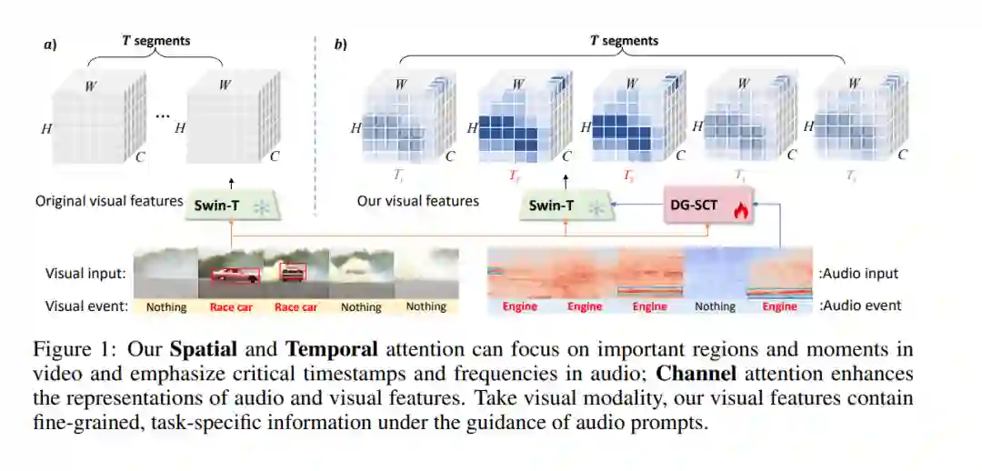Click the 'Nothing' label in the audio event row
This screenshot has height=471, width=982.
click(715, 306)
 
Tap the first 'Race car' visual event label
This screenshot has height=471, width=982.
click(232, 307)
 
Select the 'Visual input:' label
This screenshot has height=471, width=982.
click(85, 273)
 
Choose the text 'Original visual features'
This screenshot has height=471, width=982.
click(109, 200)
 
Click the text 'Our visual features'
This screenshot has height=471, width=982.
click(417, 200)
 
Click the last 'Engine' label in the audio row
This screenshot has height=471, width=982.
click(779, 306)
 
